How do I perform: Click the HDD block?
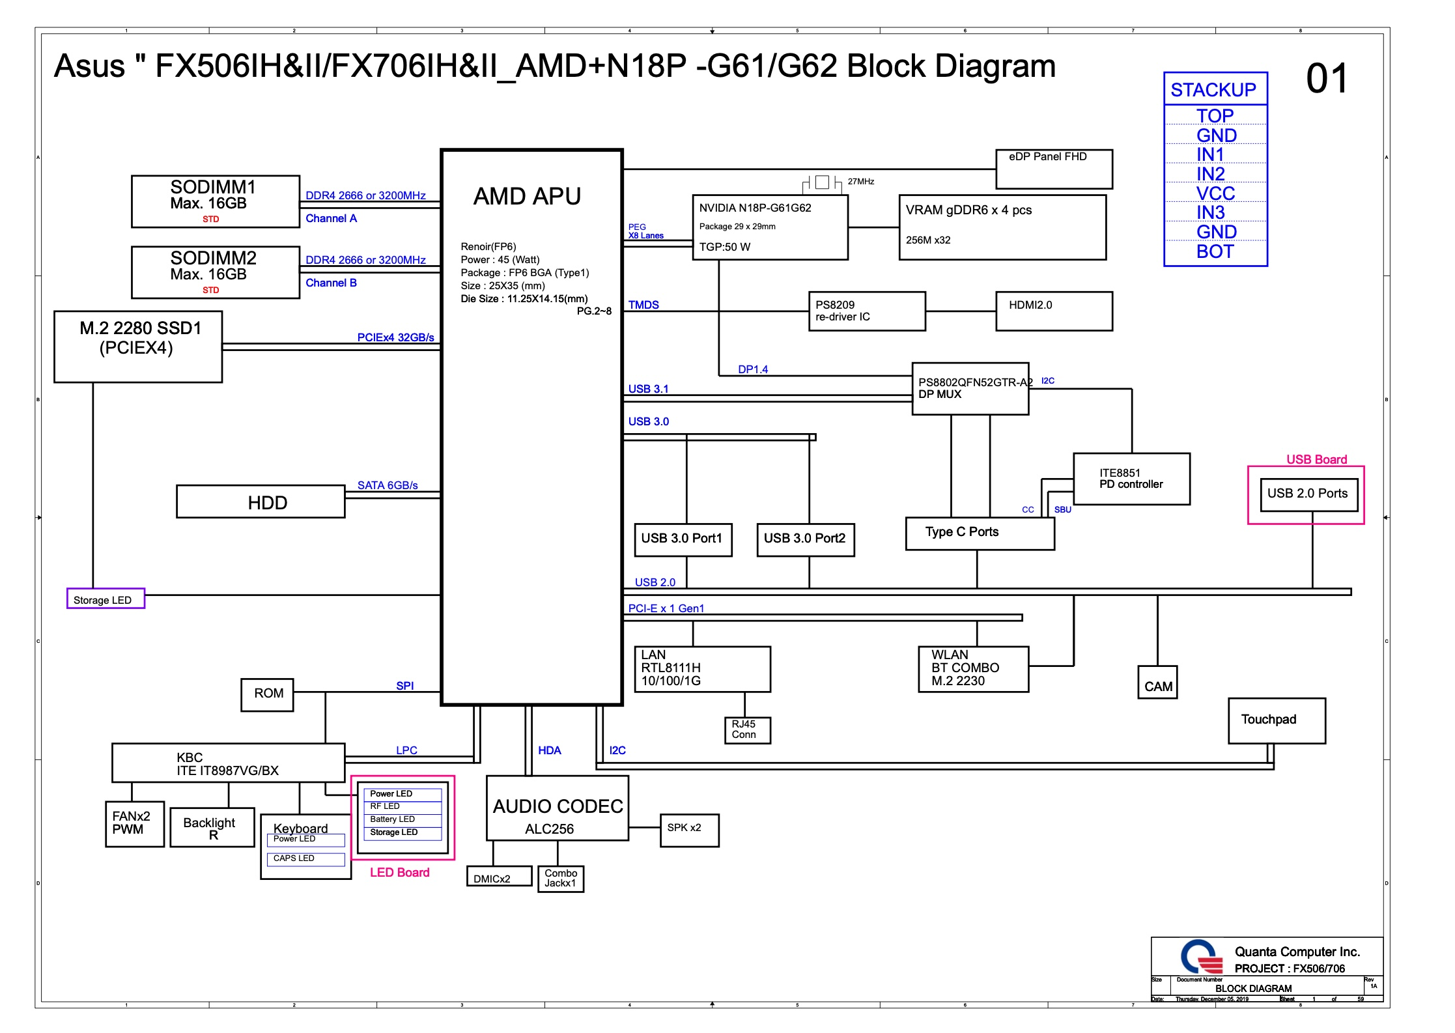click(x=261, y=502)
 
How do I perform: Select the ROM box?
click(x=267, y=694)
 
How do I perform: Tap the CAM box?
click(x=1157, y=683)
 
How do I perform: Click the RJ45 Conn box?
click(x=747, y=730)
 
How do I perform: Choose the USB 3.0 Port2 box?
click(x=805, y=540)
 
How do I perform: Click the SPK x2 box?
click(x=689, y=830)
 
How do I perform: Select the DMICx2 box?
click(x=499, y=877)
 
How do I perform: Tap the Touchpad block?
click(x=1277, y=720)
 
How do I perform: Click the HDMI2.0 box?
click(x=1054, y=311)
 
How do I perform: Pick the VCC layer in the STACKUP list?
click(x=1215, y=193)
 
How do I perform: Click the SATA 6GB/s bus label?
click(x=388, y=485)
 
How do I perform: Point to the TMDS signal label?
click(x=643, y=304)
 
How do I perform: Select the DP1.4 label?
click(x=753, y=369)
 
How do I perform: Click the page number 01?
click(x=1327, y=79)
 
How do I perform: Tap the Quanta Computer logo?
click(x=1201, y=957)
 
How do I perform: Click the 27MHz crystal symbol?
click(x=822, y=182)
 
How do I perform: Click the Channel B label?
click(x=331, y=283)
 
